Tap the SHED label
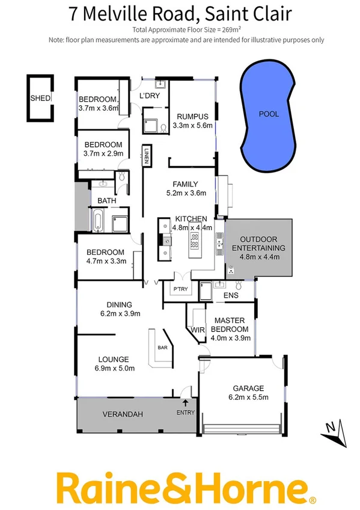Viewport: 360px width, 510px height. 40,98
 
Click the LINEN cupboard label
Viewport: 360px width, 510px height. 146,156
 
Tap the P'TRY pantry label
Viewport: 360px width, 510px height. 180,289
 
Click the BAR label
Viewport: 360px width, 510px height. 162,348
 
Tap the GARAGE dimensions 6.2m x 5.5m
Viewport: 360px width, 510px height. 244,398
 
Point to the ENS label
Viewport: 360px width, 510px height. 231,296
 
